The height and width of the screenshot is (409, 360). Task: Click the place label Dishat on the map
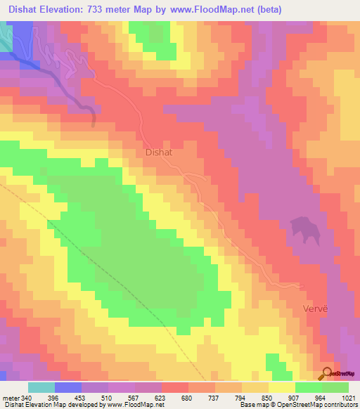coord(158,151)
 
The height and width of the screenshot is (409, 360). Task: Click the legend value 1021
coord(349,397)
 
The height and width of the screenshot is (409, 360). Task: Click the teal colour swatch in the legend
coord(41,387)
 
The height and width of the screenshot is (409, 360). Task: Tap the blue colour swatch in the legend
coord(68,387)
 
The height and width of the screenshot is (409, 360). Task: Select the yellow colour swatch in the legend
coord(282,387)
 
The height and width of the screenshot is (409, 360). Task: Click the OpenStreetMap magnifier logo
coord(327,374)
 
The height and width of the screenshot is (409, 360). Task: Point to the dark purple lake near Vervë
coord(305,229)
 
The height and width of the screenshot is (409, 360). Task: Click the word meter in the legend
coord(10,397)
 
